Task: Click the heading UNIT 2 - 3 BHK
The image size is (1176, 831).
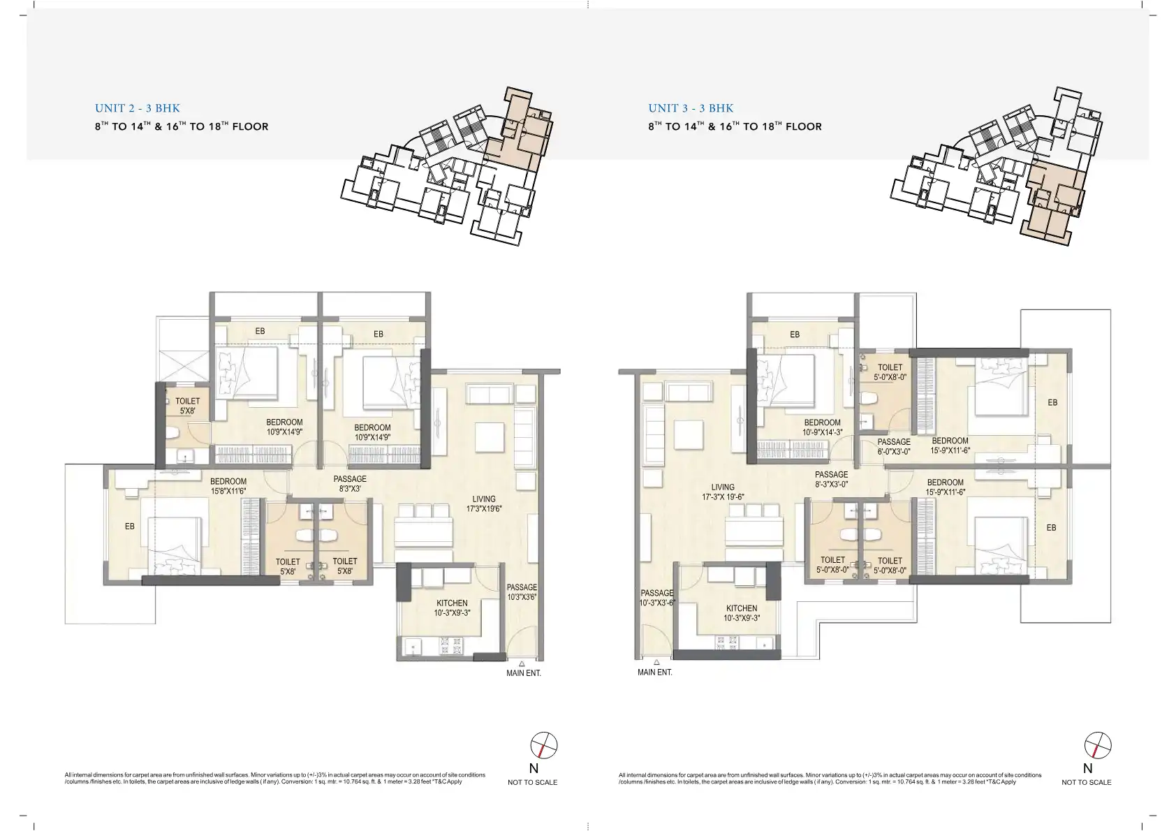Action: [137, 108]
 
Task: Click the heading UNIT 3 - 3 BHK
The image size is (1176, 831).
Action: [691, 108]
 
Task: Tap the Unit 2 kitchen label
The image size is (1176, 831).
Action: [452, 608]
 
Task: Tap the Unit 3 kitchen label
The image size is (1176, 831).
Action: [742, 613]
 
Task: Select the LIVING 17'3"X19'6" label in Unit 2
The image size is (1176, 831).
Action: [483, 504]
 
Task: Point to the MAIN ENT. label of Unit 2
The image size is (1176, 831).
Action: [524, 673]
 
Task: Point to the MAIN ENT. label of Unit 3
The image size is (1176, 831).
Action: [654, 672]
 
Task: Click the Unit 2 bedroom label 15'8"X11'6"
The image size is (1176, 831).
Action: [228, 486]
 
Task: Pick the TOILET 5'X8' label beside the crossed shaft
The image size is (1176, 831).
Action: [187, 406]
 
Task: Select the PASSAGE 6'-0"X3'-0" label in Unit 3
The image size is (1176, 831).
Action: [894, 447]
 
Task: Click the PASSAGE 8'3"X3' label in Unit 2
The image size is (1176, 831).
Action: [350, 483]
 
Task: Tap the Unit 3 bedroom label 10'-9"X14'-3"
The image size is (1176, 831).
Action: [822, 427]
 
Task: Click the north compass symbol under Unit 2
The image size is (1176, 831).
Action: [543, 745]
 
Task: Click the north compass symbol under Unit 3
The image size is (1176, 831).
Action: [1098, 745]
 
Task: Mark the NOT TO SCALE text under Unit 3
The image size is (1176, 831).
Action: [1086, 782]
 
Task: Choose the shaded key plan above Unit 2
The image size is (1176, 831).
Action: [447, 166]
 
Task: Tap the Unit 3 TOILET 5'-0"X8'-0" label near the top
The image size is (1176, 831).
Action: [890, 372]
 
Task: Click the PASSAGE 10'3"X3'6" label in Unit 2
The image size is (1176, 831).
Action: [522, 592]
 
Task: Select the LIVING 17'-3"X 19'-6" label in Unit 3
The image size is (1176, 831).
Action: [723, 492]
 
